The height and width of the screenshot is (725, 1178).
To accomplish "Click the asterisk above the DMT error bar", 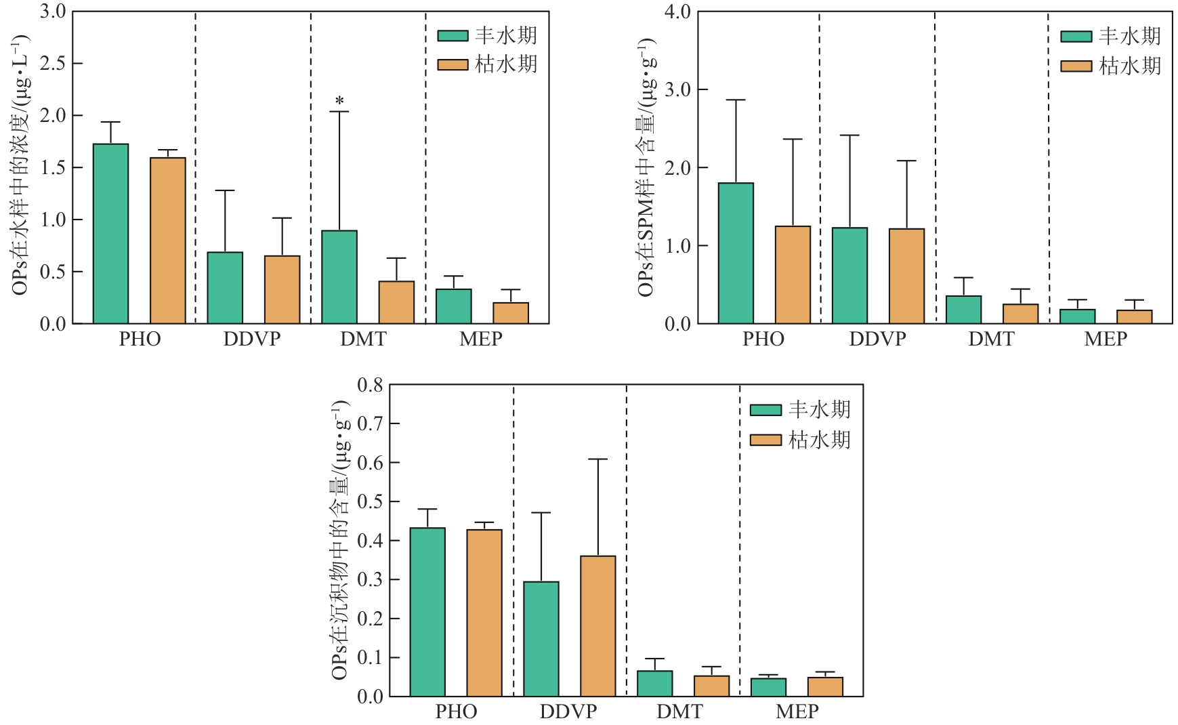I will point(339,102).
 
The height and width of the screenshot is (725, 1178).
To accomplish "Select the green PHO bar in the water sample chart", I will point(110,234).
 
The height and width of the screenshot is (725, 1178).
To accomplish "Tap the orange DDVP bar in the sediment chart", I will point(598,626).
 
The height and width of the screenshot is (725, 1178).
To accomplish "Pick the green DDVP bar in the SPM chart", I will point(849,276).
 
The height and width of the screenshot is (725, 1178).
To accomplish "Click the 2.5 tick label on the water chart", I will point(53,64).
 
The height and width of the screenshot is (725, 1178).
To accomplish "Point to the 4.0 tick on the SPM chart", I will point(677,12).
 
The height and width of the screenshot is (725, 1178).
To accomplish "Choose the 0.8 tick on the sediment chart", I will point(370,386).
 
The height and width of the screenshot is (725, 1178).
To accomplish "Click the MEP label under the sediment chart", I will point(797,712).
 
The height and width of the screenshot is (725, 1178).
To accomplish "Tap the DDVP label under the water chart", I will point(252,339).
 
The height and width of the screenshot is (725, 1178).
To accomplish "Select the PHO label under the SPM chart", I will point(763,339).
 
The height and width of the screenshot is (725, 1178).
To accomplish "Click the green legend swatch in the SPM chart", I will point(1076,37).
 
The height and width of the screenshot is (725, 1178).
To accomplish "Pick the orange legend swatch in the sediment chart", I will point(765,440).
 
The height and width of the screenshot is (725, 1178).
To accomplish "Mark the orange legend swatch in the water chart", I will point(453,65).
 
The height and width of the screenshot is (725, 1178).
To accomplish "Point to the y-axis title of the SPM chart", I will point(646,167).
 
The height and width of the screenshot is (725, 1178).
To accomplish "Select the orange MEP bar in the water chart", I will point(511,313).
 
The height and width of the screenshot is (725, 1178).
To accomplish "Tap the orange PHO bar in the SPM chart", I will point(793,275).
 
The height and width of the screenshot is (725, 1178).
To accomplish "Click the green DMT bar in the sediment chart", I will point(655,684).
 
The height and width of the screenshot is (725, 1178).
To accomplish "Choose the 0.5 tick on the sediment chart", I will point(370,502).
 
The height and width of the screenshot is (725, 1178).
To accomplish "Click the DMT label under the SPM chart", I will point(991,339).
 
